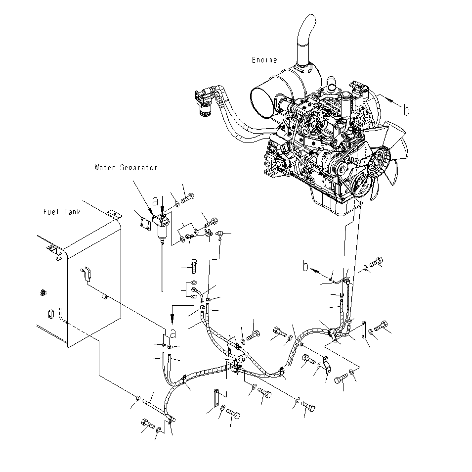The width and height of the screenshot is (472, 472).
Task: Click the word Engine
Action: click(x=264, y=60)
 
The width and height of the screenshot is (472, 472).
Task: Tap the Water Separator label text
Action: click(x=126, y=168)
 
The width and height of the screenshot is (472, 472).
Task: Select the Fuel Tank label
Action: click(x=61, y=212)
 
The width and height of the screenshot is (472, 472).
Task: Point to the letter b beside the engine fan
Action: click(x=406, y=111)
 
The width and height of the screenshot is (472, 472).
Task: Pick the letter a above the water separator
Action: click(x=155, y=201)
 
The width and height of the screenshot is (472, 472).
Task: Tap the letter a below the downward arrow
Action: click(x=172, y=333)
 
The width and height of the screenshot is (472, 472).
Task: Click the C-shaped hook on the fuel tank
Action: click(x=58, y=256)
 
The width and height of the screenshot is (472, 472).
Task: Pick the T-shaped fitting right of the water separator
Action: click(x=220, y=232)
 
